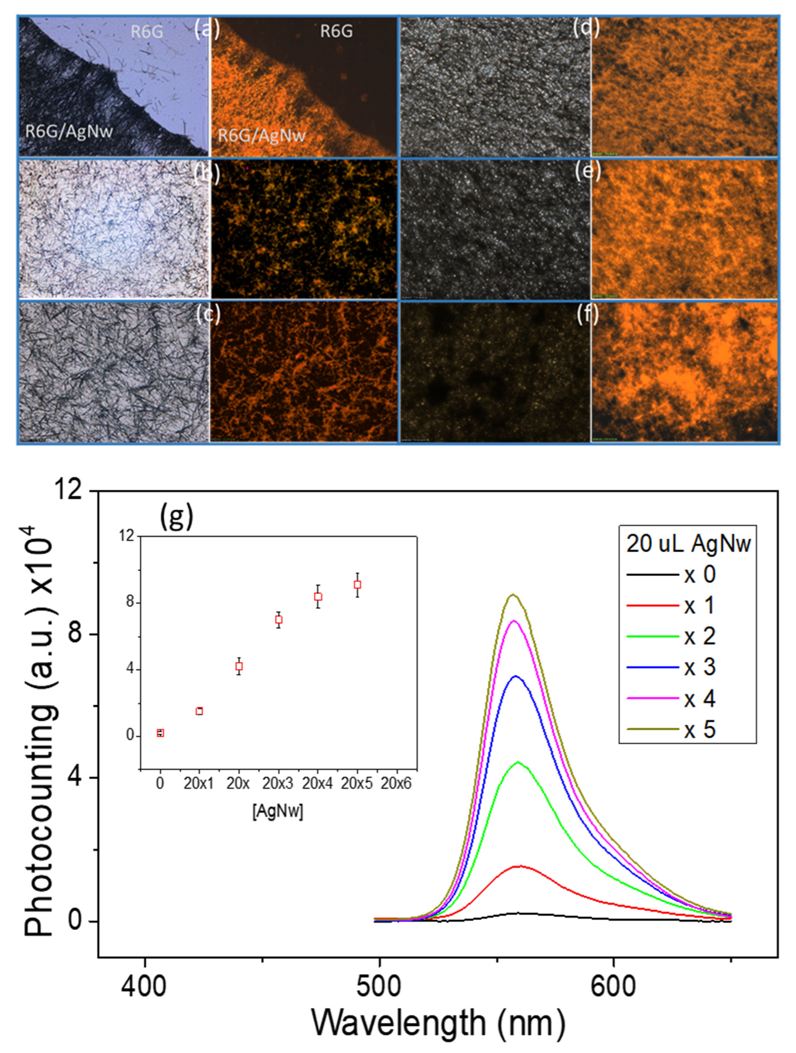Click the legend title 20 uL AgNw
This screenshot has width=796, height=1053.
(688, 544)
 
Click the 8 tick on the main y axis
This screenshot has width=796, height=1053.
(75, 634)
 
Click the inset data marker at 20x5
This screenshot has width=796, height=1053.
(357, 585)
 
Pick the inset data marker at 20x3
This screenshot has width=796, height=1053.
(279, 619)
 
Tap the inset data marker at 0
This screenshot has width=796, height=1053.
(160, 733)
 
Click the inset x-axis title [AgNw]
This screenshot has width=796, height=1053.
(278, 811)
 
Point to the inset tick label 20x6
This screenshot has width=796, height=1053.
(396, 784)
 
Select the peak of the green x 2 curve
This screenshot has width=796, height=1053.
(518, 762)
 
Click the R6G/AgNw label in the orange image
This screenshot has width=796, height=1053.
(261, 135)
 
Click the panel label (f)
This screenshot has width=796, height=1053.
(587, 314)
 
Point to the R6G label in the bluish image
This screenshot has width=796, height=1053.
(147, 32)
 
